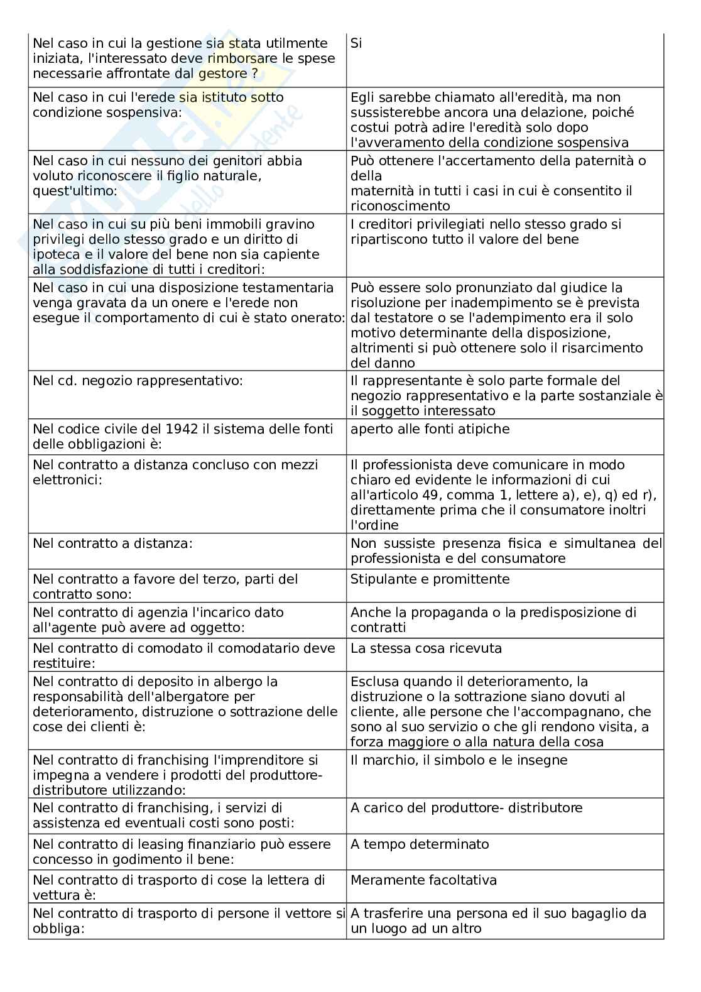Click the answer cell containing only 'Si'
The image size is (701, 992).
click(x=356, y=43)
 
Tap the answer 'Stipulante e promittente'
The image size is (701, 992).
click(x=430, y=579)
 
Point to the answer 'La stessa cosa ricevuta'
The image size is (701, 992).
click(x=426, y=648)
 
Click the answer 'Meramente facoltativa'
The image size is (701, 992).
click(x=423, y=880)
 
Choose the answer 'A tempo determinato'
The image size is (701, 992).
click(x=420, y=844)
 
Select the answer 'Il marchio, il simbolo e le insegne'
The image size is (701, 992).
click(x=459, y=760)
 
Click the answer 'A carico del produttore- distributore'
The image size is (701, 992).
click(x=466, y=808)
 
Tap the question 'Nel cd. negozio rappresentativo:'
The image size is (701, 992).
click(x=138, y=381)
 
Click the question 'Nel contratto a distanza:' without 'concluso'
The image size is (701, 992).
click(x=112, y=543)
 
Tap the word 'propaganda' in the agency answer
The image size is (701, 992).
click(x=432, y=613)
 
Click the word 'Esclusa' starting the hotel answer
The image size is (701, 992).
click(x=375, y=682)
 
